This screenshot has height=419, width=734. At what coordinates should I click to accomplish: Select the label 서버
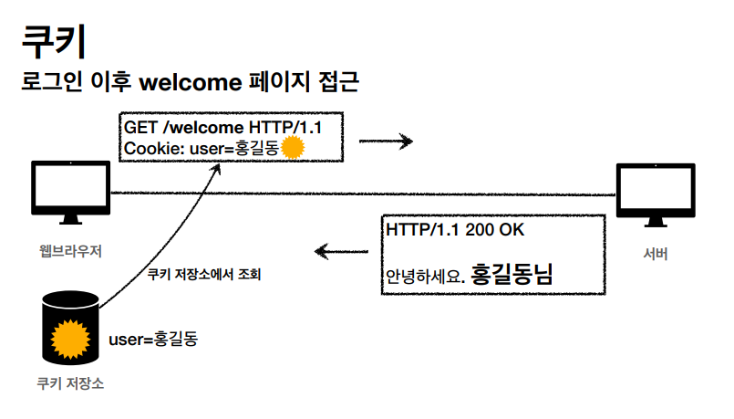click(x=654, y=253)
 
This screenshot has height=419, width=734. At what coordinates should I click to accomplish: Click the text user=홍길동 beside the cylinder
click(x=153, y=340)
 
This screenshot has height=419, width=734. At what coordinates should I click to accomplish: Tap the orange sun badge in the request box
click(x=292, y=148)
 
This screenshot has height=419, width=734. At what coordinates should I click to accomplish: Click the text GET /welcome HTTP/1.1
click(x=222, y=126)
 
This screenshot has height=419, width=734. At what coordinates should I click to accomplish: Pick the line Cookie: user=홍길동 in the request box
click(x=201, y=148)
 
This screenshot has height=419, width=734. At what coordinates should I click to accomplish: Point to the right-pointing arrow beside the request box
click(x=386, y=141)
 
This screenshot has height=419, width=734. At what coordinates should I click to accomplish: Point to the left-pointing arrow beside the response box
click(x=342, y=249)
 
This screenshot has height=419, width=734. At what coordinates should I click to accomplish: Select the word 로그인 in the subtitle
click(x=53, y=83)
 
